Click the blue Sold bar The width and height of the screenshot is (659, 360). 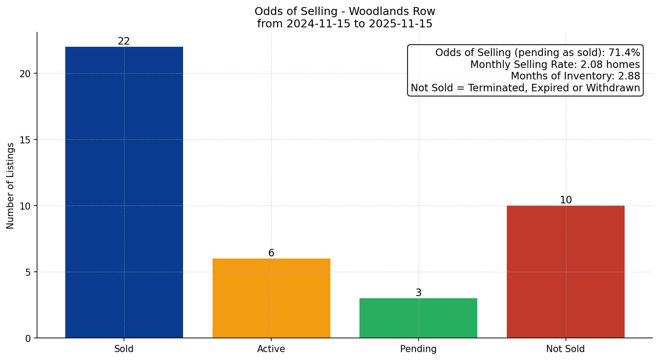click(124, 192)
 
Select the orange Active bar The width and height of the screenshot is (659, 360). click(271, 298)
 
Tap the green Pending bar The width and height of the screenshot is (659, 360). click(418, 318)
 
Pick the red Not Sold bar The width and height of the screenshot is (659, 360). click(565, 272)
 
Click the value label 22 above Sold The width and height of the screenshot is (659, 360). click(124, 41)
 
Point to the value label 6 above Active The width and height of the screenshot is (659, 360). click(271, 253)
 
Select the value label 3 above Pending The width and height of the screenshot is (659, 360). click(418, 293)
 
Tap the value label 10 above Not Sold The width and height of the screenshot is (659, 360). click(565, 200)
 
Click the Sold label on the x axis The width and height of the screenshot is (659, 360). click(124, 349)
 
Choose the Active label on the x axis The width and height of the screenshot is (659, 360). click(271, 349)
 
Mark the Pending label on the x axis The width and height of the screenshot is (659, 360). click(418, 349)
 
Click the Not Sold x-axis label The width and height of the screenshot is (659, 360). click(565, 349)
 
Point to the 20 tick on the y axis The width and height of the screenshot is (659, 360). click(25, 74)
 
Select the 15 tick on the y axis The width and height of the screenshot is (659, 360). click(25, 140)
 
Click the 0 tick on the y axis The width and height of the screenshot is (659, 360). click(28, 338)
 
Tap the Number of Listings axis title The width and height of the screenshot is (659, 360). click(11, 186)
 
